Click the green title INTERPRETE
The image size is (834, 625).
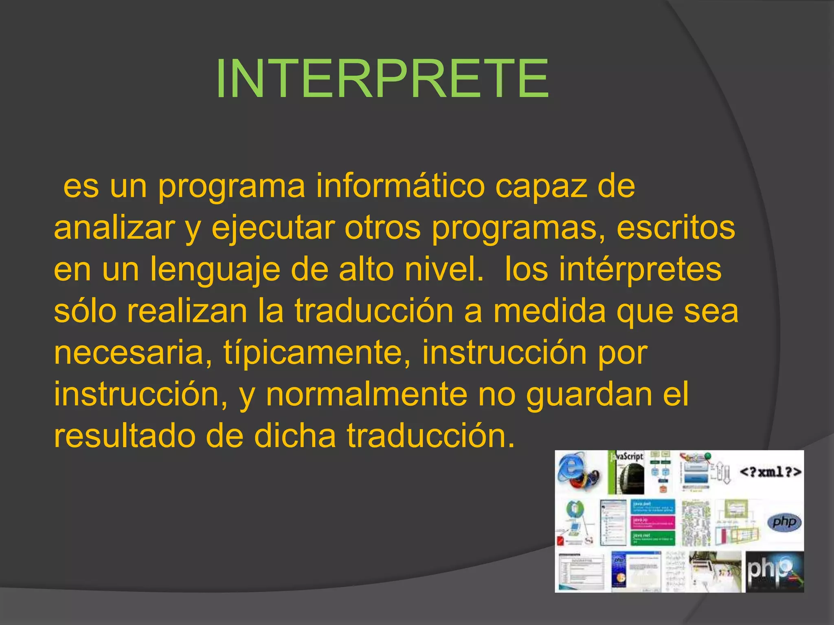point(382,78)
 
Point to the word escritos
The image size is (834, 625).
point(676,228)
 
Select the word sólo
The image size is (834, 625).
point(85,311)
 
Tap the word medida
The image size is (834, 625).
point(549,311)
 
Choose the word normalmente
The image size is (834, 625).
point(367,395)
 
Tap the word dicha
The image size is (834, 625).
point(295,436)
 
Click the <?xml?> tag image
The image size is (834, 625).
point(770,472)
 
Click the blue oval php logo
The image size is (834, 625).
point(784,522)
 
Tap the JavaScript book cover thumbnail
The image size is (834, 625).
point(626,472)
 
